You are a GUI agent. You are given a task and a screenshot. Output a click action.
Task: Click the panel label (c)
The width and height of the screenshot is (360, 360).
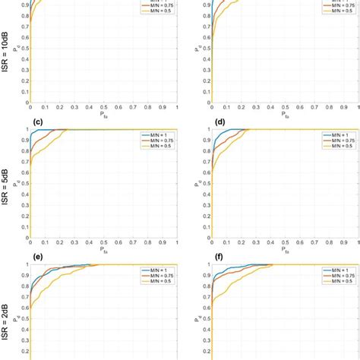(x=36, y=122)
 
